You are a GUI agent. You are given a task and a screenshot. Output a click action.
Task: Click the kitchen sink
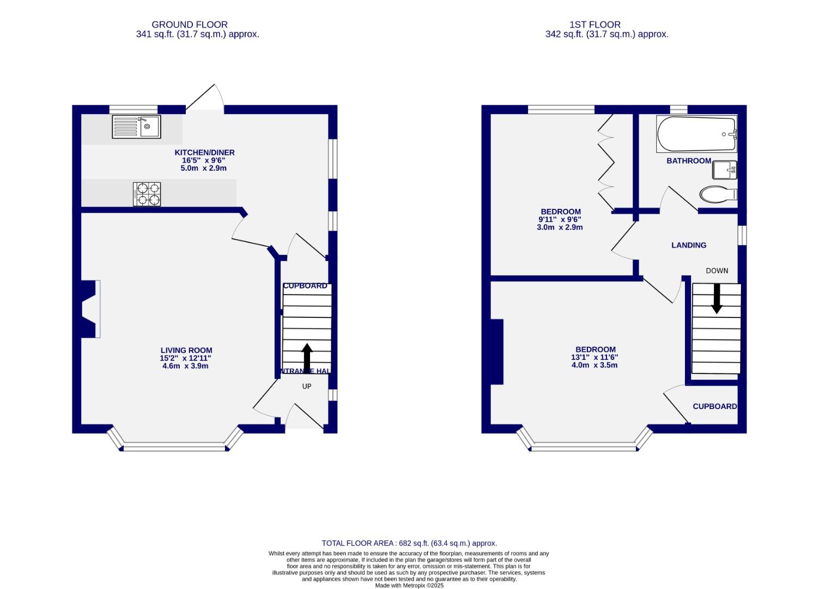[x=136, y=127]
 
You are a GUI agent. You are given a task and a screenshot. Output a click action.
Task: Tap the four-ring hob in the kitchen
[x=147, y=194]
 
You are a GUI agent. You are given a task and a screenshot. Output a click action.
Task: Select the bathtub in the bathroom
[x=696, y=135]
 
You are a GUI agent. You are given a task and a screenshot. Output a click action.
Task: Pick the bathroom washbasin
[x=724, y=170]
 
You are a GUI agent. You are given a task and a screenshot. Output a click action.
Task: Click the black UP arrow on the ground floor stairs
[x=307, y=357]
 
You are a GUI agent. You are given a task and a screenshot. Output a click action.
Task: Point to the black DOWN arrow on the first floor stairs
[x=717, y=298]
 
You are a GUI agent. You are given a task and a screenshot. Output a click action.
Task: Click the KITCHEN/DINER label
[x=204, y=153]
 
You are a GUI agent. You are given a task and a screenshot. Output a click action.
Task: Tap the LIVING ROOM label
[x=186, y=351]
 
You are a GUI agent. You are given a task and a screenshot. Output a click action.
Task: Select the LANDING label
[x=689, y=245]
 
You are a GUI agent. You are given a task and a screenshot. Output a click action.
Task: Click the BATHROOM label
[x=689, y=161]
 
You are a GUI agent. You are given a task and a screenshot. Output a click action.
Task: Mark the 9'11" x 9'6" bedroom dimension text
[x=560, y=220]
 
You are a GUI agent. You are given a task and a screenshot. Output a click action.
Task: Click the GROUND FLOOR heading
[x=190, y=25]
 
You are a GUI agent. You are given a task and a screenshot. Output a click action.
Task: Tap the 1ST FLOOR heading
[x=595, y=25]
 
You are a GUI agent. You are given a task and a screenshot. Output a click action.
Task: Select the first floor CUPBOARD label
[x=714, y=406]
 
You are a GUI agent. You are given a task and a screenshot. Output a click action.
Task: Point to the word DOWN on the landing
[x=717, y=271]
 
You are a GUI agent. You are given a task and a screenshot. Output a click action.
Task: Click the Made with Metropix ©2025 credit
[x=409, y=585]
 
